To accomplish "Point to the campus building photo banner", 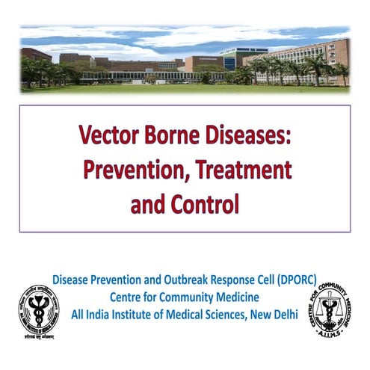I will click(185, 60).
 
